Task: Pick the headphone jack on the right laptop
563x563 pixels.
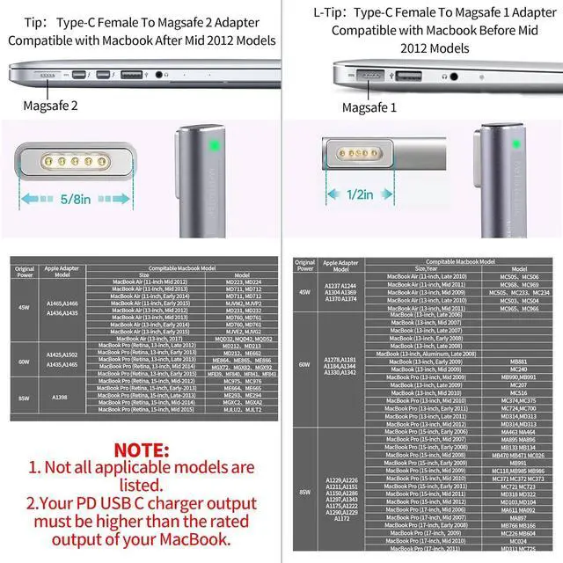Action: (453, 77)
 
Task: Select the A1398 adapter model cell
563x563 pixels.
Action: (60, 397)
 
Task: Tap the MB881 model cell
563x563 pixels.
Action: (518, 362)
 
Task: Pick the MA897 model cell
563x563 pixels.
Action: (518, 518)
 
